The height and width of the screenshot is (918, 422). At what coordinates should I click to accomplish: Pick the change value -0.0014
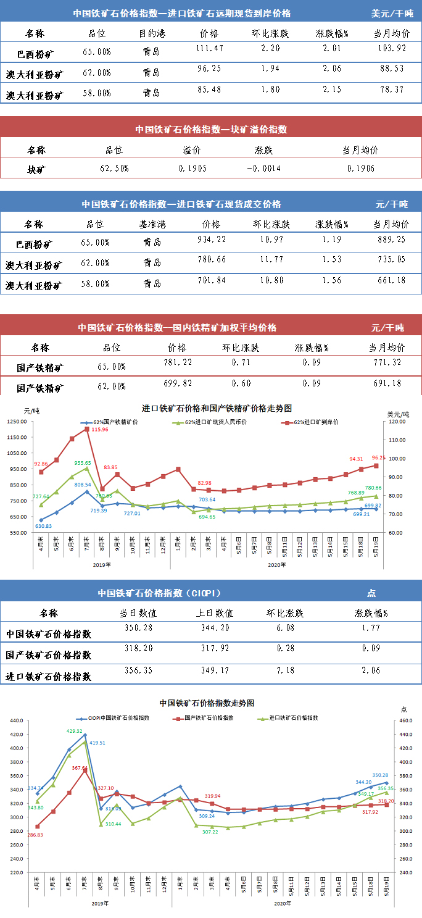click(x=263, y=168)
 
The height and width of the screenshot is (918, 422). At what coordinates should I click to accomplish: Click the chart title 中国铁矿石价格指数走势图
click(x=207, y=703)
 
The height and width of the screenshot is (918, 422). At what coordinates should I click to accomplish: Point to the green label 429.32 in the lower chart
click(x=75, y=731)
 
